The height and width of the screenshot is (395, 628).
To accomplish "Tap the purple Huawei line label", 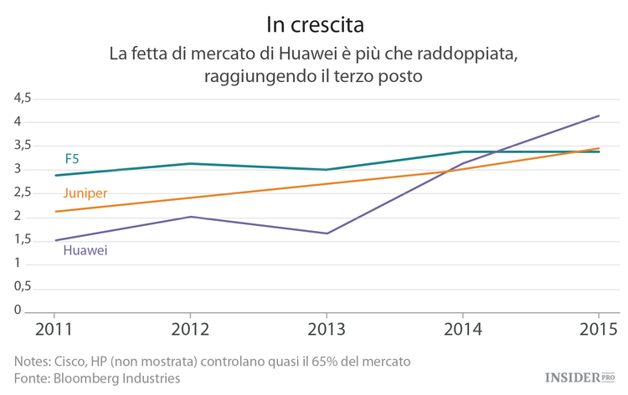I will click(x=85, y=249).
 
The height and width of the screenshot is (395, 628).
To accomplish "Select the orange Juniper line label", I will click(x=85, y=192).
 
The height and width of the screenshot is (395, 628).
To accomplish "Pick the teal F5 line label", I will click(x=72, y=158).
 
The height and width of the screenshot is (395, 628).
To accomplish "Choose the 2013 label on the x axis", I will click(x=327, y=330).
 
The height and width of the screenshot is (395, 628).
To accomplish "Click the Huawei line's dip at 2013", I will click(x=327, y=233).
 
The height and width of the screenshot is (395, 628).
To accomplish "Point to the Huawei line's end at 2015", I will click(x=599, y=115).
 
